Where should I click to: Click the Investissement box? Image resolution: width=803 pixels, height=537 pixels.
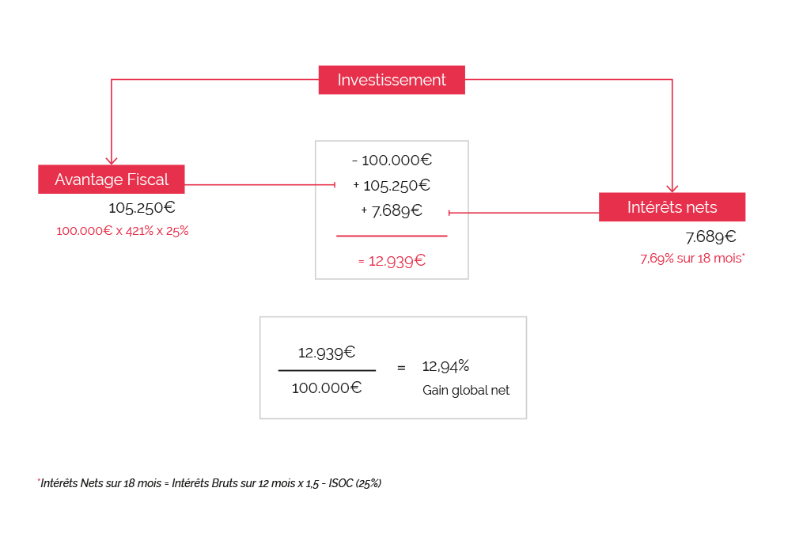[392, 80]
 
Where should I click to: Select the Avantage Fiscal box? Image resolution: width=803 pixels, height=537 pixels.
[111, 180]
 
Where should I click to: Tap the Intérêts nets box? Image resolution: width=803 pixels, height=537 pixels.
[672, 207]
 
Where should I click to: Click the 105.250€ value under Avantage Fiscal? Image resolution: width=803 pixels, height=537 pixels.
[142, 208]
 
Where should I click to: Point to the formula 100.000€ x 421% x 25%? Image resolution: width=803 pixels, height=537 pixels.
[123, 231]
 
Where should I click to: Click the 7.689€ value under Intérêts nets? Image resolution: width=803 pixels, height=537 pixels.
[710, 236]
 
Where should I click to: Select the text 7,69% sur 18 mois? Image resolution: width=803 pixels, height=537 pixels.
[692, 258]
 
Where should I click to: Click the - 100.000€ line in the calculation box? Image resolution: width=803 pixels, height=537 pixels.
[392, 161]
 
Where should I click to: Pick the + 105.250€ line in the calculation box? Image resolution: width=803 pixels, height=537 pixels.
[392, 185]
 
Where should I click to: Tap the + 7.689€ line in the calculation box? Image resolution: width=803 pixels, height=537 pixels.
[392, 210]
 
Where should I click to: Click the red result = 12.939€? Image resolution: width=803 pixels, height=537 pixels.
[392, 261]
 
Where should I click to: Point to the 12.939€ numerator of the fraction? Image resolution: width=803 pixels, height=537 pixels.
[327, 352]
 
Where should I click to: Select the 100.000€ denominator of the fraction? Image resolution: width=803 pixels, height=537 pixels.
[327, 388]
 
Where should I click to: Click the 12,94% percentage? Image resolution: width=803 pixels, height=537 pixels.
[445, 366]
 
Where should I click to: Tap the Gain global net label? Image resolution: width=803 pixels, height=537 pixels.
[466, 390]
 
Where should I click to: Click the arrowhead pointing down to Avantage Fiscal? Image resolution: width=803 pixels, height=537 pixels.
[111, 161]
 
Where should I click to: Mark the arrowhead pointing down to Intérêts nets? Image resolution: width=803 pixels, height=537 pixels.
[672, 188]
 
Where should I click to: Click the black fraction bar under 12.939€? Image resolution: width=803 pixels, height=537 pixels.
[327, 370]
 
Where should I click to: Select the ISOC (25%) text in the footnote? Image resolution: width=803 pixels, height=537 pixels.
[355, 483]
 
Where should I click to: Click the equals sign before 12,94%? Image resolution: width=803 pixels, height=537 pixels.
[401, 368]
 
